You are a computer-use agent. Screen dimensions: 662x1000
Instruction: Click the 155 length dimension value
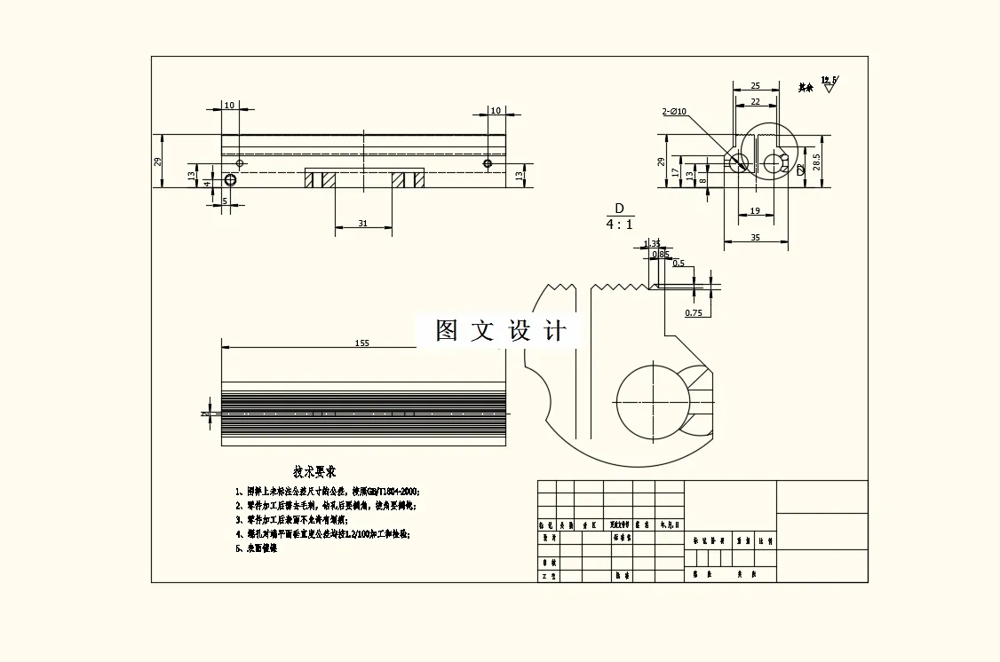361,343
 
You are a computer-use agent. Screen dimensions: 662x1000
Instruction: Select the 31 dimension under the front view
362,224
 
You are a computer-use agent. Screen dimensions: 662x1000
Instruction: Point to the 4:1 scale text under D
619,225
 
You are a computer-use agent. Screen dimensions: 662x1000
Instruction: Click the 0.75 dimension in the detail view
694,313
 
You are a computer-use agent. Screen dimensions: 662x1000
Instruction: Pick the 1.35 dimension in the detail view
652,243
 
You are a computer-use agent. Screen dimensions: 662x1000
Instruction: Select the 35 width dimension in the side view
756,238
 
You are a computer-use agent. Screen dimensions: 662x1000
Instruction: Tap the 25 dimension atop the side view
755,86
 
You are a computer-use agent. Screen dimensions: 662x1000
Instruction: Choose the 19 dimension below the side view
755,211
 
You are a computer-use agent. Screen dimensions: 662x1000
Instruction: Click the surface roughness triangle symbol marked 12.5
829,86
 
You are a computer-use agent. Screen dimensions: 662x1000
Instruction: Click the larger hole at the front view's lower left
231,180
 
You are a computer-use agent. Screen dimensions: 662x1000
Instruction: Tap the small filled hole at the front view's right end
487,164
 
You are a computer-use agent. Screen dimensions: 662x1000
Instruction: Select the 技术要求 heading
314,472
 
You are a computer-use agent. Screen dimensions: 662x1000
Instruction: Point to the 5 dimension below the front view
225,201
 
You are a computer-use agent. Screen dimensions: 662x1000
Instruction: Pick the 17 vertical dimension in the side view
676,172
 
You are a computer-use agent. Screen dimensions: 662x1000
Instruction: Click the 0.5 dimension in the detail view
679,264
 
